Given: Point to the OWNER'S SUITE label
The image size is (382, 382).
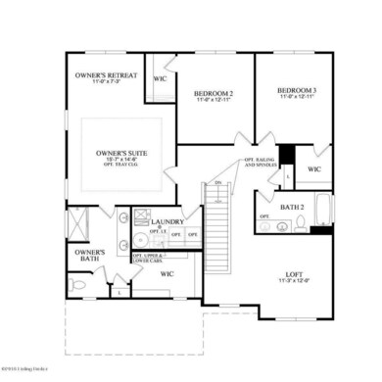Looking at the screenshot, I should pyautogui.click(x=121, y=154).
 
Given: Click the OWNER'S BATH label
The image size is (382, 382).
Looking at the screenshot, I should pyautogui.click(x=82, y=256).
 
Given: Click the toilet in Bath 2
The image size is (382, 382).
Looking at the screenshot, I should pyautogui.click(x=283, y=225).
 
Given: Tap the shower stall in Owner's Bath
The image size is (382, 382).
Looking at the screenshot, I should pyautogui.click(x=78, y=222).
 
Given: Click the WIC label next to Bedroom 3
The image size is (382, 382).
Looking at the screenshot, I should pyautogui.click(x=313, y=168).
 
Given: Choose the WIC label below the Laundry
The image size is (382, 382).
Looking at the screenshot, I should pyautogui.click(x=167, y=273).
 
